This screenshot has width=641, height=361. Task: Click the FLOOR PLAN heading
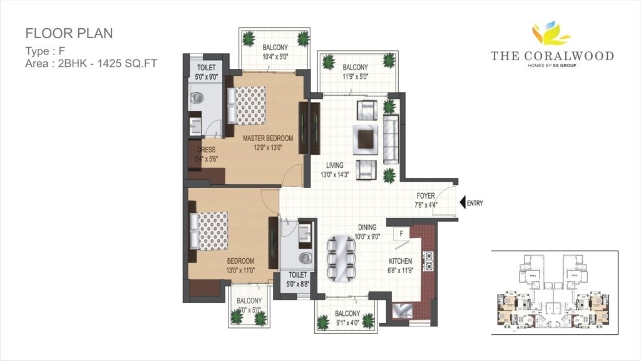coord(69,33)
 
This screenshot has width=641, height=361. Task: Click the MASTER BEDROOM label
coord(269,138)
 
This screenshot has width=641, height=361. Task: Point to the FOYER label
coord(425,196)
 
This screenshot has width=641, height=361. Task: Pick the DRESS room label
coord(207,150)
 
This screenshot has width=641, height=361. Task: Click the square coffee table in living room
coord(365,138)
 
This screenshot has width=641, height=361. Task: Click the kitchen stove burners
coord(429,261)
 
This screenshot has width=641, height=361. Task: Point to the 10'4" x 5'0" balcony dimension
coord(275,56)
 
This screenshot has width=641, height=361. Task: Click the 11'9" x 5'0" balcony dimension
coord(355,76)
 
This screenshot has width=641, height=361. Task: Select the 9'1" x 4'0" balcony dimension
coord(347,323)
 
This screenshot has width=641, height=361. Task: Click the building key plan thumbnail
coord(554,290)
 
